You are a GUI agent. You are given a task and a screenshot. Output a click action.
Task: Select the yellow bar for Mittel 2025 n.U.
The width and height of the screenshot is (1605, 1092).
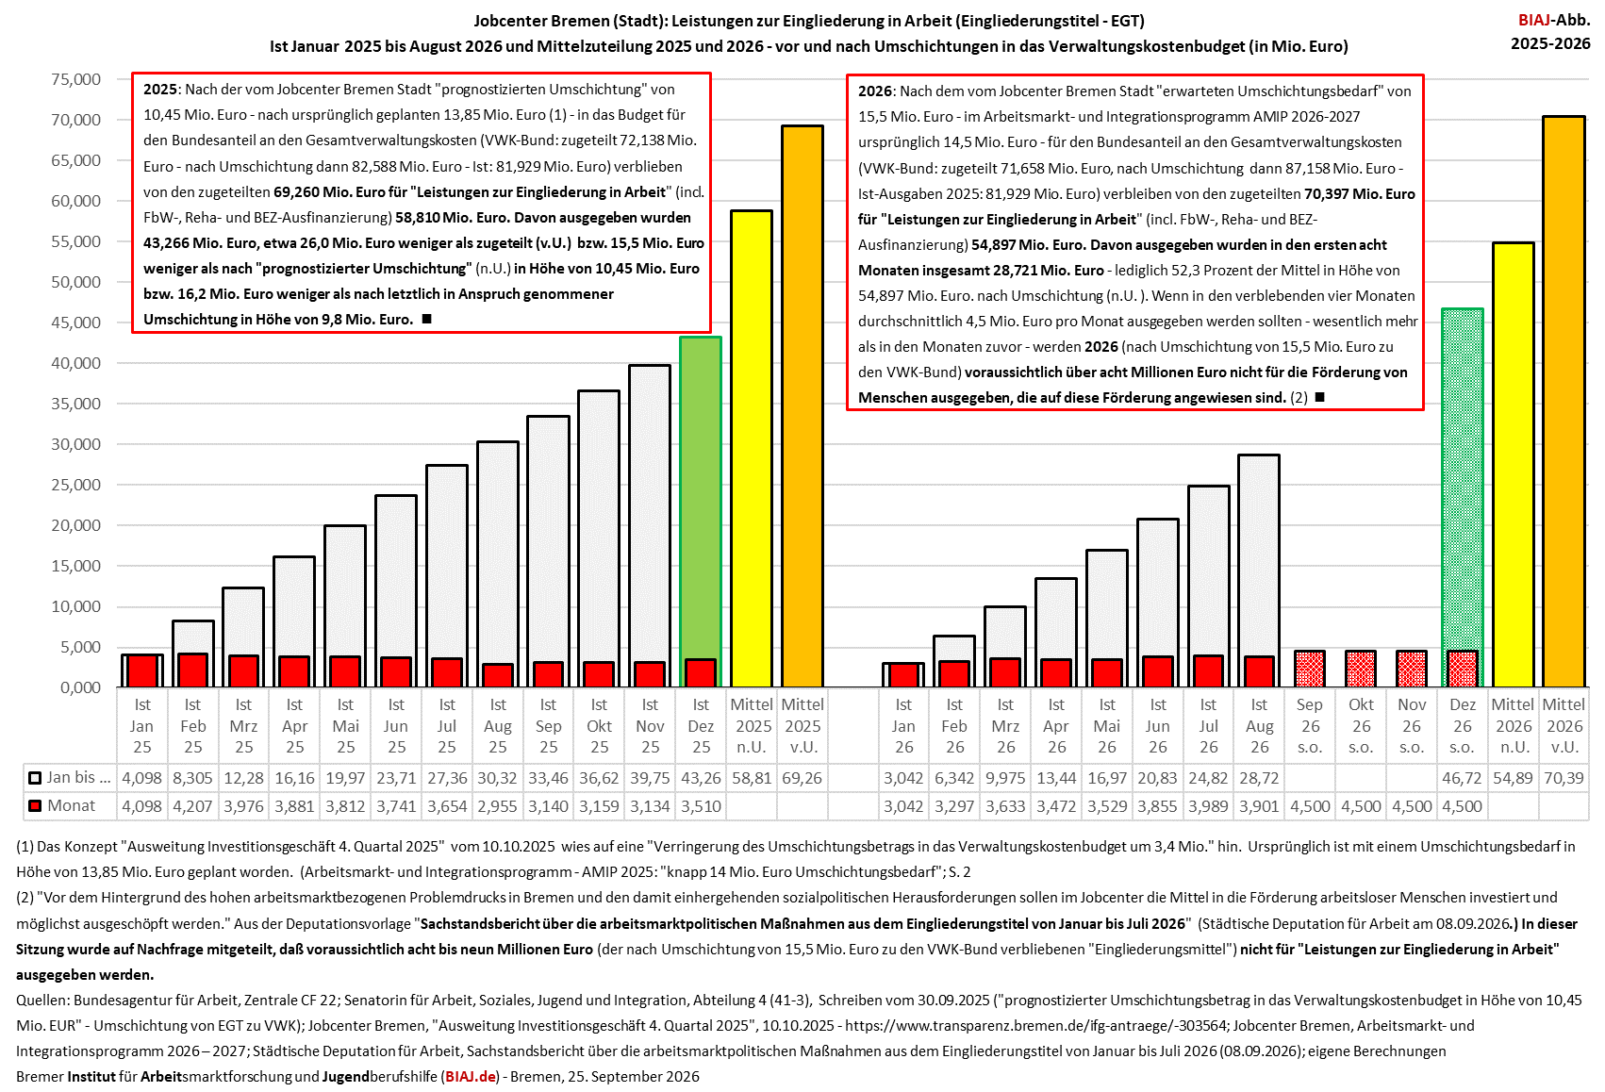[x=751, y=449]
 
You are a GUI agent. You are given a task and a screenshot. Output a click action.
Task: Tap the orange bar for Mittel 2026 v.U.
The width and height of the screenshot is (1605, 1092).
[x=1564, y=402]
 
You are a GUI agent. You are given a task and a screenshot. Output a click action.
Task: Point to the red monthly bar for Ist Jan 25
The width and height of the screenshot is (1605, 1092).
[x=141, y=670]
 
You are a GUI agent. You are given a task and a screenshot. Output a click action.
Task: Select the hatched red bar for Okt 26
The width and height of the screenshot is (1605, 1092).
[x=1361, y=670]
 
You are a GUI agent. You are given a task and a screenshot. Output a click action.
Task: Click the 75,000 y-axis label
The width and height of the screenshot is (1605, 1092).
[x=76, y=79]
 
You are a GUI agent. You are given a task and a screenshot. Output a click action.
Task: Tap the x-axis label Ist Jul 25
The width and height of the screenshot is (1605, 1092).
[x=447, y=726]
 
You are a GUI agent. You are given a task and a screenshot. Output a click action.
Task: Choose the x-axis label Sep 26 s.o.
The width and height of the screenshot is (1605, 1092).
[x=1310, y=726]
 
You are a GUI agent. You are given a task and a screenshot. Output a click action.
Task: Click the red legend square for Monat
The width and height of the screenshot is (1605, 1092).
[x=34, y=806]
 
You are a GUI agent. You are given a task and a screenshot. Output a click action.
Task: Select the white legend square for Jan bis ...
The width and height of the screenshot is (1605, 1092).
[x=34, y=778]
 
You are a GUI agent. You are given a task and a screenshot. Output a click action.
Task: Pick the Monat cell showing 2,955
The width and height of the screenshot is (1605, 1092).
[x=497, y=806]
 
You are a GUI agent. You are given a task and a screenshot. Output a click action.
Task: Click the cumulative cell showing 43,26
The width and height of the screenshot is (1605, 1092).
[x=701, y=778]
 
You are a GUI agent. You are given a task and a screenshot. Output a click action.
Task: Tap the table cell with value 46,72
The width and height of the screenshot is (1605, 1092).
[x=1462, y=778]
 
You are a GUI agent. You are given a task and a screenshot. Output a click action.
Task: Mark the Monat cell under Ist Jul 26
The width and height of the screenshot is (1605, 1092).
[x=1208, y=806]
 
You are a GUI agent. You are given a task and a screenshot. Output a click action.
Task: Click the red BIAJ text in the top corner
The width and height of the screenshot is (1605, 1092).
[x=1532, y=20]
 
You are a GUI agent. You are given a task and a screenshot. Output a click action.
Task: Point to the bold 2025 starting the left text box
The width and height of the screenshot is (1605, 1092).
[x=159, y=90]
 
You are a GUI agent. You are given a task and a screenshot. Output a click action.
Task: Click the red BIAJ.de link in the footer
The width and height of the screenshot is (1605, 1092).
[x=471, y=1076]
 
